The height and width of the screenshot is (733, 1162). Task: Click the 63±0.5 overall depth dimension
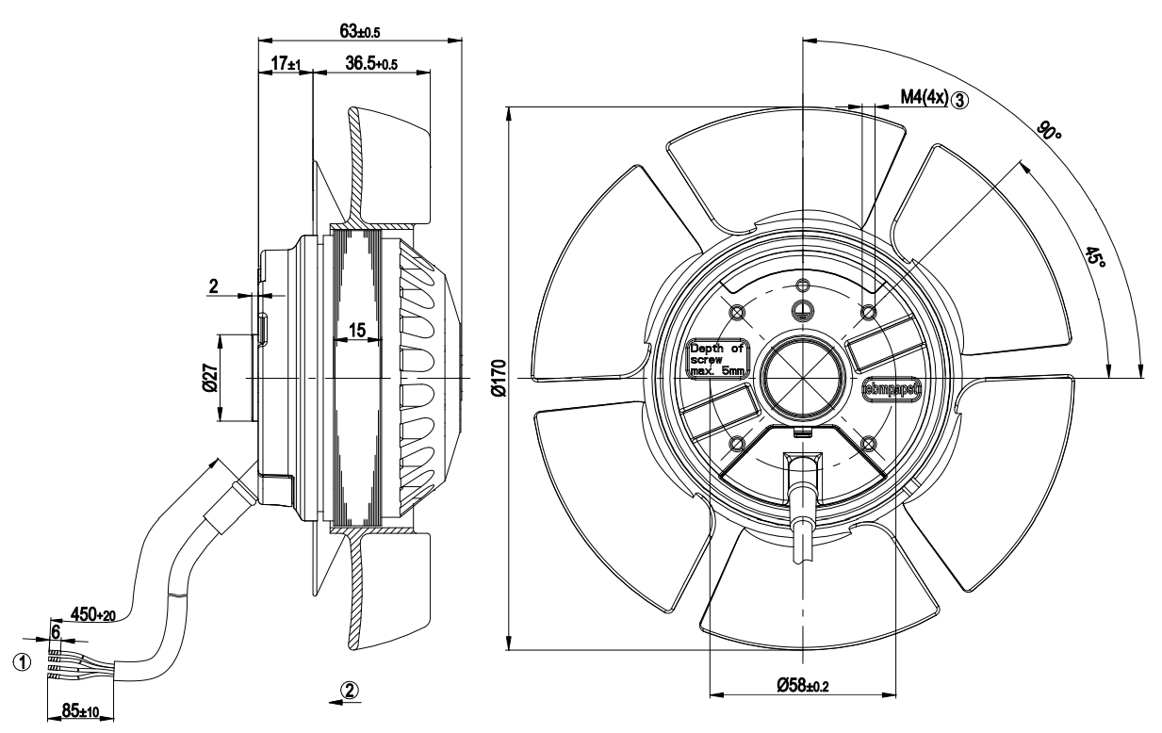point(359,32)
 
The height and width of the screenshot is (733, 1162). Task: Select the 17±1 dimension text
point(286,64)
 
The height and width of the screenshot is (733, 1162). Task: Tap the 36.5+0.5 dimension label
point(371,64)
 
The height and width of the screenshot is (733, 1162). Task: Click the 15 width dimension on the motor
point(357,330)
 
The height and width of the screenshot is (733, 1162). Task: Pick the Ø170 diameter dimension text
point(499,378)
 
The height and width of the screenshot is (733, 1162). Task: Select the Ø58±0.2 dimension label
point(803,685)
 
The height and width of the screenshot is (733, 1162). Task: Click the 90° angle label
point(1050,130)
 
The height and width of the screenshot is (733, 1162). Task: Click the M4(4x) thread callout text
point(925,96)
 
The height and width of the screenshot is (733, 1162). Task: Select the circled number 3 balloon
point(959,100)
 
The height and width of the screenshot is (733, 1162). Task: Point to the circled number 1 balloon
point(22,662)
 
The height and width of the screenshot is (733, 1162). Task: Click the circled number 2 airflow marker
point(349,690)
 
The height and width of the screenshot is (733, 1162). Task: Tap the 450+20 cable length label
point(93,614)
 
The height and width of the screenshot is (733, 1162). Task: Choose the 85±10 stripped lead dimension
point(80,709)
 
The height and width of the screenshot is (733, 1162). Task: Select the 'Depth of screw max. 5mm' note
point(717,360)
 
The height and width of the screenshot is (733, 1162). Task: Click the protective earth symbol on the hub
point(803,311)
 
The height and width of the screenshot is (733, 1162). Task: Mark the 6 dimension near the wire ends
point(56,632)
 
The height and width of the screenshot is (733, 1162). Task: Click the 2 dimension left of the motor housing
point(213,285)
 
